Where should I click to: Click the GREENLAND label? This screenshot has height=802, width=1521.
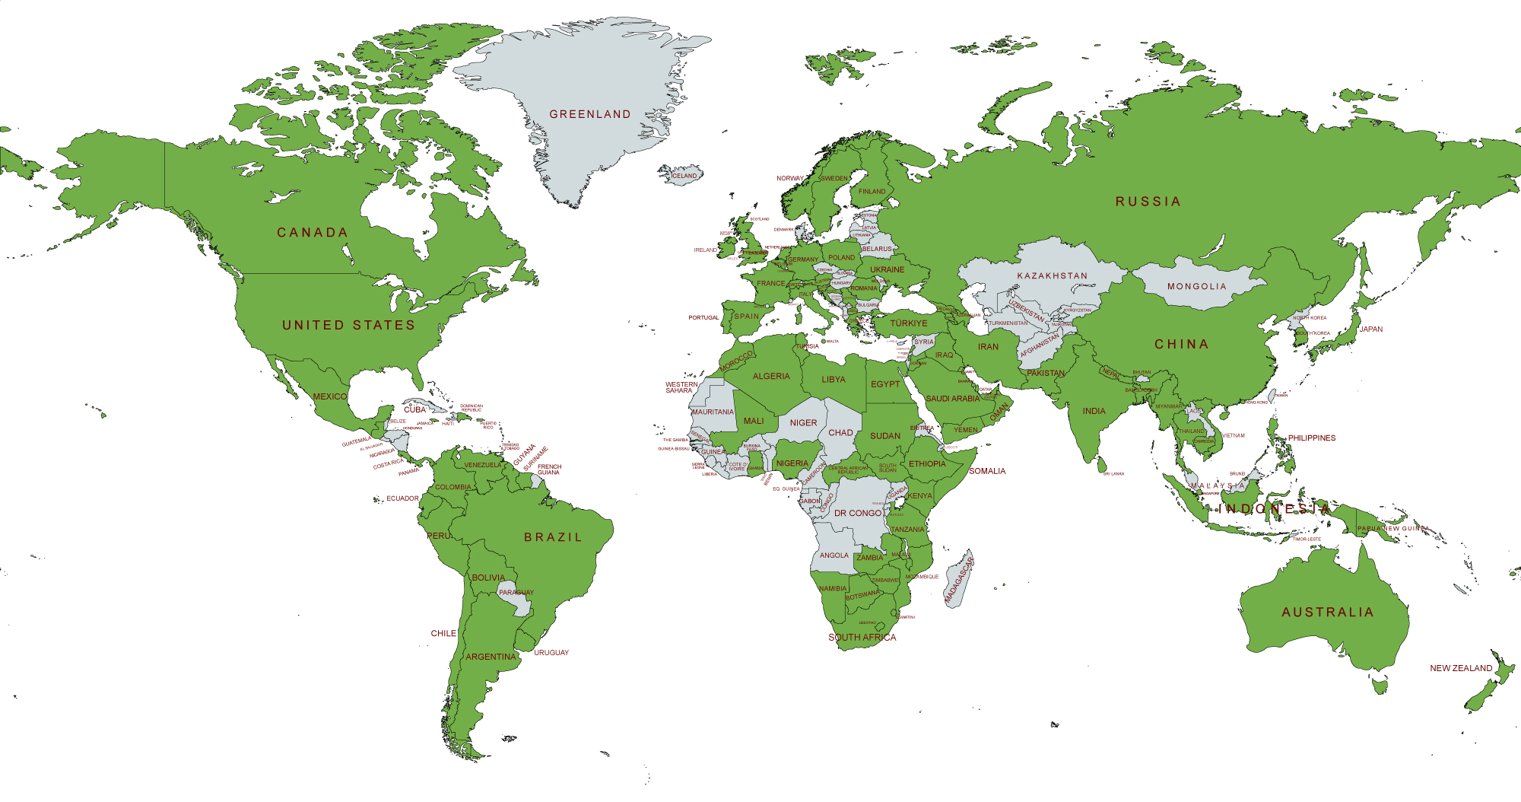coord(590,114)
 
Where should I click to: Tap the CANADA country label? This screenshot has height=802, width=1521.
coord(312,232)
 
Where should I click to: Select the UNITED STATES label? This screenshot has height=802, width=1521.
coord(348,325)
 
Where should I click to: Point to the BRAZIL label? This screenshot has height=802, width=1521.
coord(553,537)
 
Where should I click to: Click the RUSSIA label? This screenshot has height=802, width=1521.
coord(1148,202)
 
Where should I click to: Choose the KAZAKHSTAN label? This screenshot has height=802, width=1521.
coord(1053,275)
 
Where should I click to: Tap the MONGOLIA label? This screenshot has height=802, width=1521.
coord(1197,286)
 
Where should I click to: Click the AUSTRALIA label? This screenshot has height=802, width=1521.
coord(1328,612)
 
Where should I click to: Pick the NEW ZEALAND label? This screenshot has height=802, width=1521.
coord(1461,668)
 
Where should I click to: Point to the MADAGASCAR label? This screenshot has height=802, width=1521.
coord(959,581)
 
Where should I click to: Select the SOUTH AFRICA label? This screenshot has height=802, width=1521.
coord(862,638)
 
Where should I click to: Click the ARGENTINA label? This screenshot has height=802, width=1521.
coord(491,657)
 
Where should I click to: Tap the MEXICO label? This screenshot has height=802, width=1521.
coord(330,396)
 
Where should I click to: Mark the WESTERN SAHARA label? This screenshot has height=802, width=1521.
coord(681,387)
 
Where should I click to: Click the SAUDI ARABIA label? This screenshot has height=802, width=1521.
coord(953,399)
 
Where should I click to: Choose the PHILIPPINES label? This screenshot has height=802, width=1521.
coord(1312,438)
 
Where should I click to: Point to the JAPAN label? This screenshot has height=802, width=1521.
coord(1371,329)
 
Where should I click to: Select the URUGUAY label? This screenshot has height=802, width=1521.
coord(551,653)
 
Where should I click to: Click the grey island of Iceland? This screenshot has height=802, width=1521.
coord(681,175)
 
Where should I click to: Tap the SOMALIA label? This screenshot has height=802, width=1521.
coord(987,471)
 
